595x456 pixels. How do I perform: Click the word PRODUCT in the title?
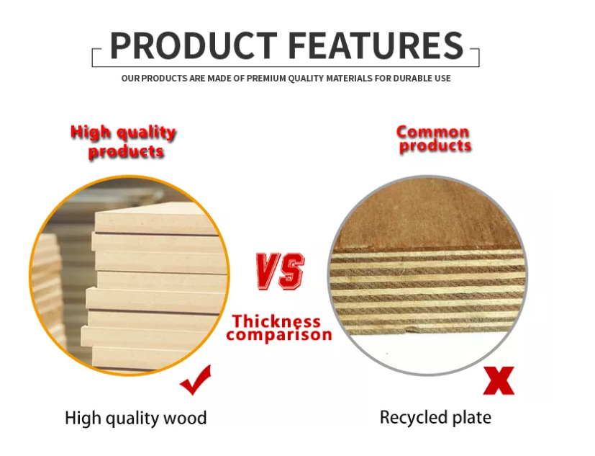click(x=194, y=45)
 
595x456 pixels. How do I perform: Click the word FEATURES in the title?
click(x=376, y=45)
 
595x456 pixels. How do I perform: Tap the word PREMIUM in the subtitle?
click(x=266, y=79)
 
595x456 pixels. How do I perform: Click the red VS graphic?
click(x=280, y=271)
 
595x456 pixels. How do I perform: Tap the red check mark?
click(x=196, y=380)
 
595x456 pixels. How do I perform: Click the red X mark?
click(x=499, y=380)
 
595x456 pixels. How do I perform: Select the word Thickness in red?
click(x=276, y=321)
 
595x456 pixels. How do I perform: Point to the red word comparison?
click(x=279, y=335)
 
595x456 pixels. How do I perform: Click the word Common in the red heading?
click(x=432, y=132)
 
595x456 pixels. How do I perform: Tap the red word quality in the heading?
click(x=146, y=133)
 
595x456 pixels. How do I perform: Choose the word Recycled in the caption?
click(x=409, y=418)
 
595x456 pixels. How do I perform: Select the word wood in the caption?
click(x=185, y=418)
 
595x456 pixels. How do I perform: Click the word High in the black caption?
click(x=82, y=419)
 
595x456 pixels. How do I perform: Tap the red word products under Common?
click(x=435, y=146)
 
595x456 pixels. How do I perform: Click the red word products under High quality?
click(x=126, y=152)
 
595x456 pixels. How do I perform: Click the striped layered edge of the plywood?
click(x=427, y=292)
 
